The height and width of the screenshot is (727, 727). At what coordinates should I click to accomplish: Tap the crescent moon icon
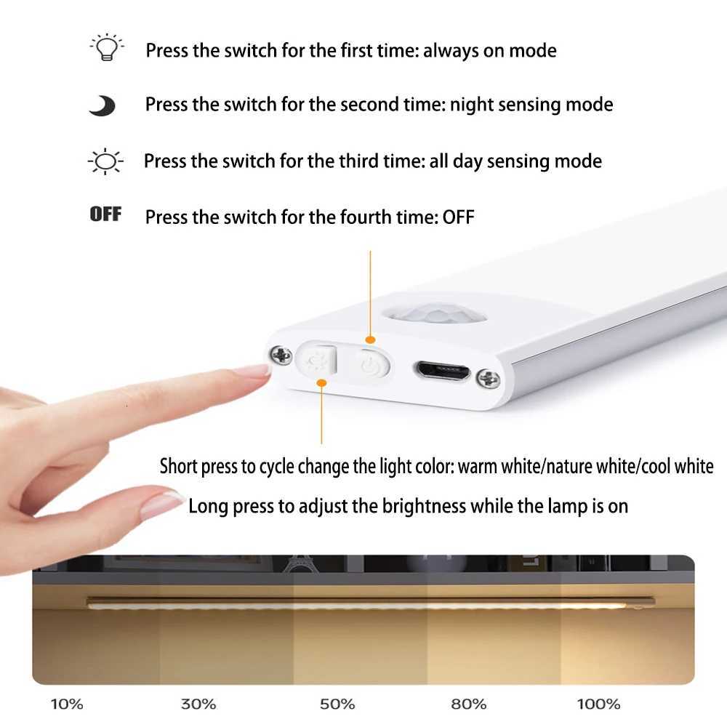click(102, 106)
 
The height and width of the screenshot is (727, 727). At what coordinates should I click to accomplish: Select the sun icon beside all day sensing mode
click(106, 161)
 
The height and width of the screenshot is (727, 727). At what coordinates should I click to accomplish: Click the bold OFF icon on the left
click(105, 214)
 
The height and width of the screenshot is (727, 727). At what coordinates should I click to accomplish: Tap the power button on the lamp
click(371, 363)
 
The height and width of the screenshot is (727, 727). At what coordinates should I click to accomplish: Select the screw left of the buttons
click(280, 356)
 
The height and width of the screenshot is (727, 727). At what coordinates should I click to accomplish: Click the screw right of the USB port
click(488, 378)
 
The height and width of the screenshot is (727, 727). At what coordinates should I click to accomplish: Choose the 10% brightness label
click(67, 704)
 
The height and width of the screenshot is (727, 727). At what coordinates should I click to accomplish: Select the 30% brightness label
click(198, 704)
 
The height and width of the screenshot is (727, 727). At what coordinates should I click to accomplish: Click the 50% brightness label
click(337, 704)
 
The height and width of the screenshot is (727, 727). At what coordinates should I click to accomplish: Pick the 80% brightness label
click(468, 704)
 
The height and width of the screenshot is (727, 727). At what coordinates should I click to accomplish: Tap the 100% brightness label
click(598, 704)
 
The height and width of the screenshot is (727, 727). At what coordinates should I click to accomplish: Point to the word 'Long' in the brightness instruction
click(208, 505)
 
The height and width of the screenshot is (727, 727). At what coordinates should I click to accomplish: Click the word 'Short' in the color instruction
click(178, 466)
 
